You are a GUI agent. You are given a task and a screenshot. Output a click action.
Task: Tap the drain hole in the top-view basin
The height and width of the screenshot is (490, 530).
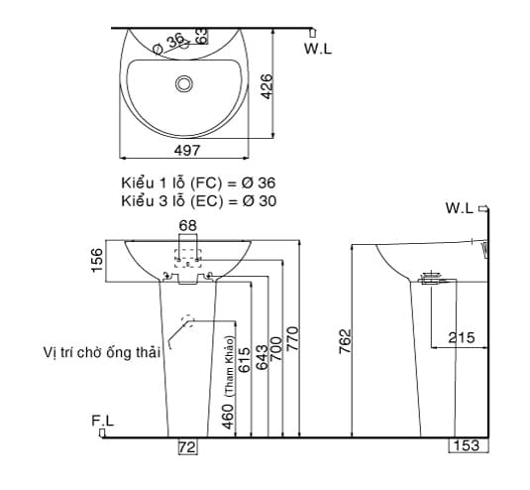[x=184, y=82]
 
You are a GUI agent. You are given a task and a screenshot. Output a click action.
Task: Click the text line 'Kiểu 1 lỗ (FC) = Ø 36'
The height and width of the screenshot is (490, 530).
[x=198, y=184]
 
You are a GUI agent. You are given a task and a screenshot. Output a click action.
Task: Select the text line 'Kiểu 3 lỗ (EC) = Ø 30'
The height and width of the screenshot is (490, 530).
[x=198, y=200]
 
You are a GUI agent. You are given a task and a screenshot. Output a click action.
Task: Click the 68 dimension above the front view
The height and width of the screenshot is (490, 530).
[x=187, y=226]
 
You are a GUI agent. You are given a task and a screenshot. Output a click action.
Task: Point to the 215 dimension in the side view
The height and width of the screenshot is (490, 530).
[x=461, y=337]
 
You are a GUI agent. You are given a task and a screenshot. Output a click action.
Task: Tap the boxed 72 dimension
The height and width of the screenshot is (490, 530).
[x=186, y=447]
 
